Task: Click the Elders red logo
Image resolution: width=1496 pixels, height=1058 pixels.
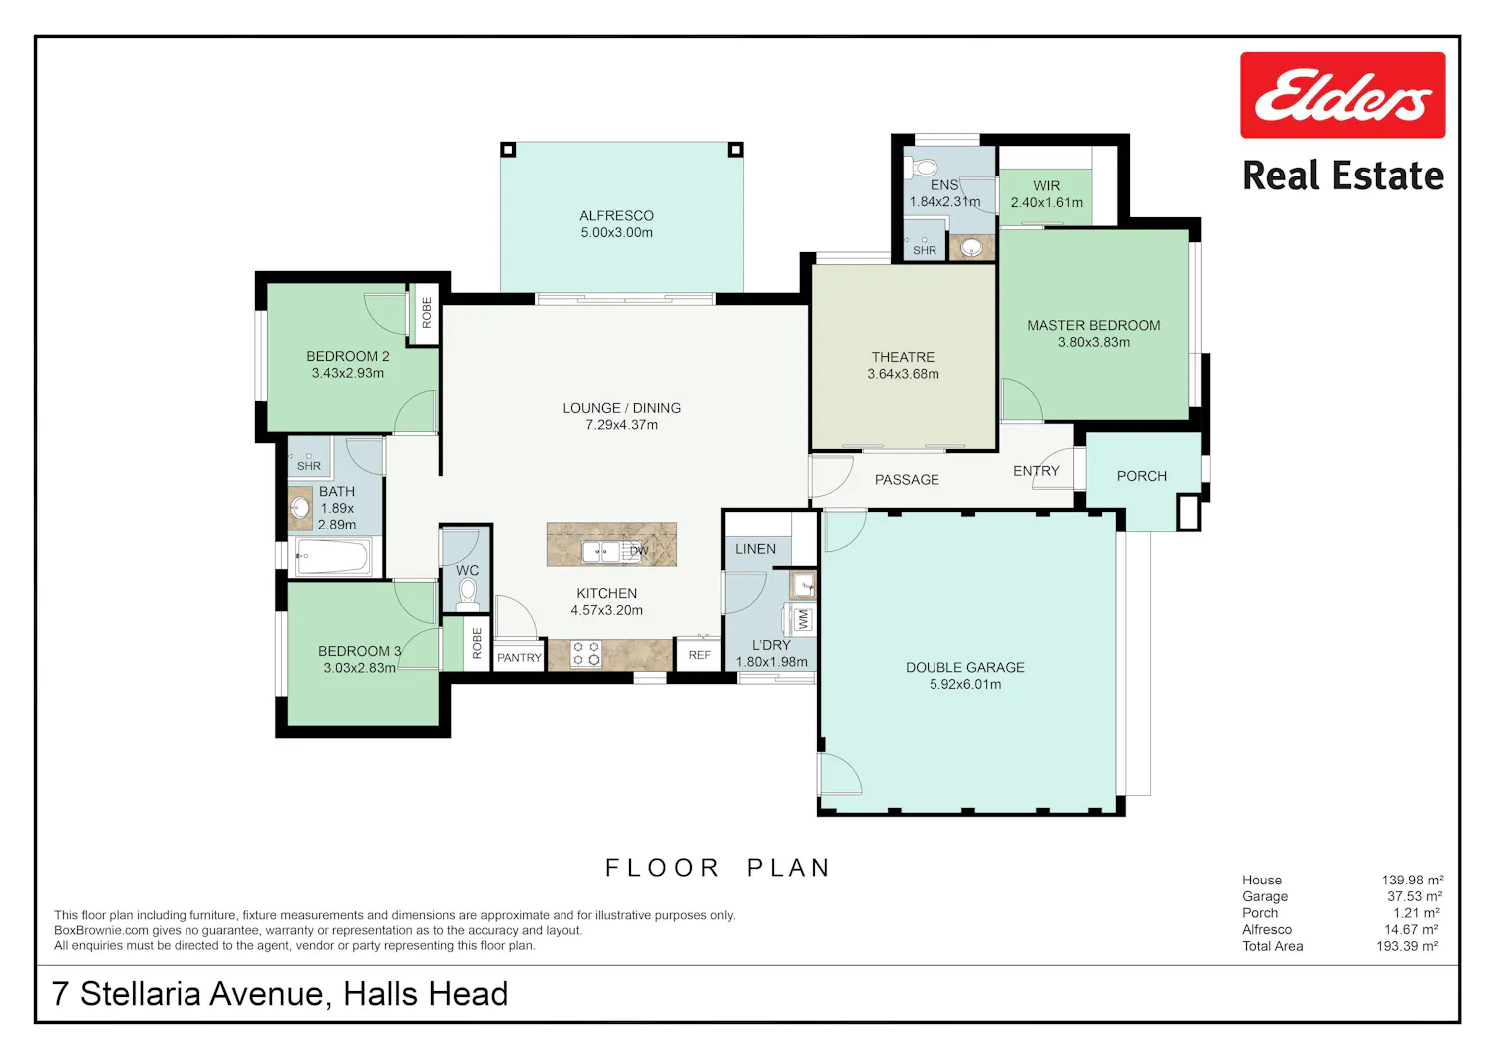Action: (1342, 95)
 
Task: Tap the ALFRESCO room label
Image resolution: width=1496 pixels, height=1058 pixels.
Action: (616, 216)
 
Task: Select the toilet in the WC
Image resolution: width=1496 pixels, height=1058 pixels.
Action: (467, 593)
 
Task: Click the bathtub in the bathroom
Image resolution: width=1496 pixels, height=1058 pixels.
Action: (332, 557)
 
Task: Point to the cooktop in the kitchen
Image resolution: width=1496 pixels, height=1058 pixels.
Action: (586, 654)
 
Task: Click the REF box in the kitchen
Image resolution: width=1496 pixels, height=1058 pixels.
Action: (699, 655)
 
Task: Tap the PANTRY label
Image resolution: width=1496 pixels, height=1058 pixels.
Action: (519, 658)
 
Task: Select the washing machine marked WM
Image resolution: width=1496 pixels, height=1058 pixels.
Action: (801, 620)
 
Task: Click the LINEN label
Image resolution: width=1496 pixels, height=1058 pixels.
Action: (755, 549)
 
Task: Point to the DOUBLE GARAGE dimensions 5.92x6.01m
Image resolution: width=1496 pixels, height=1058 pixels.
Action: (965, 684)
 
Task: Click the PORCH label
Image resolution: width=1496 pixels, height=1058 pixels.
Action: (1141, 476)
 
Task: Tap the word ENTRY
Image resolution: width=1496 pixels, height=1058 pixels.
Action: (1036, 471)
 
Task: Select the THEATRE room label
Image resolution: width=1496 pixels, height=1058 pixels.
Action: (903, 357)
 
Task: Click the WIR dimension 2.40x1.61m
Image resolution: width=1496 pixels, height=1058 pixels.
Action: (1046, 202)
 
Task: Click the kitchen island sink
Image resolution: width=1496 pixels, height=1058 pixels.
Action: (601, 552)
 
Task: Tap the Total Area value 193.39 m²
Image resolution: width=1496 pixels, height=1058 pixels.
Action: (1407, 946)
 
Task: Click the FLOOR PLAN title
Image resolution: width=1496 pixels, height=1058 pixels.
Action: (718, 867)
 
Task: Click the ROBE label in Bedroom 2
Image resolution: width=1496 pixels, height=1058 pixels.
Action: (427, 312)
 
